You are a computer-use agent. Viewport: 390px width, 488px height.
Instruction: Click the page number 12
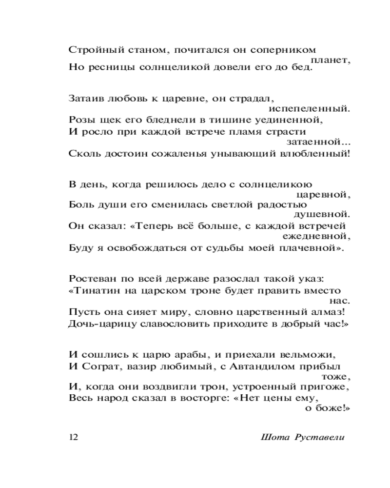pos(73,437)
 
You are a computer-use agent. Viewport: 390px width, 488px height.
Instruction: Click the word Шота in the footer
pos(275,437)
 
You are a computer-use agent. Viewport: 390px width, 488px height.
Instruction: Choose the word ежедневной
pos(316,237)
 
